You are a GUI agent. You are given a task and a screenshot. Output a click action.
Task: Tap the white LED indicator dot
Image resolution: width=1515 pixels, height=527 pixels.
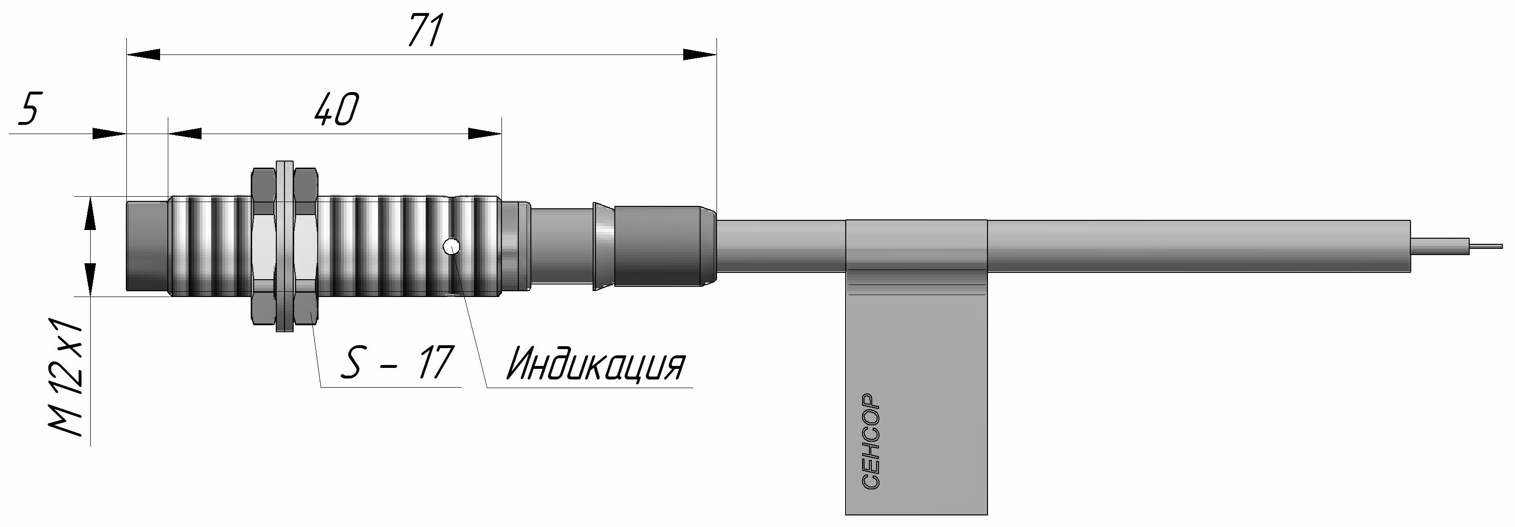452,246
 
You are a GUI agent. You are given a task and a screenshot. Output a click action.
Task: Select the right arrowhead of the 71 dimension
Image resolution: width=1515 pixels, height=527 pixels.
700,54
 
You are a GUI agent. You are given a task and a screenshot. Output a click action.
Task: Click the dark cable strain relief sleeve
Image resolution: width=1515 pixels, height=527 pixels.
664,246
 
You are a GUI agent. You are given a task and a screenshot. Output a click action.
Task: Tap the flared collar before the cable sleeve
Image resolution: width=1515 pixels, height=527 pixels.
602,246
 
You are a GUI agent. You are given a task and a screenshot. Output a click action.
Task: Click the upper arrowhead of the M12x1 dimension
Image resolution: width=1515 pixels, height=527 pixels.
90,214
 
